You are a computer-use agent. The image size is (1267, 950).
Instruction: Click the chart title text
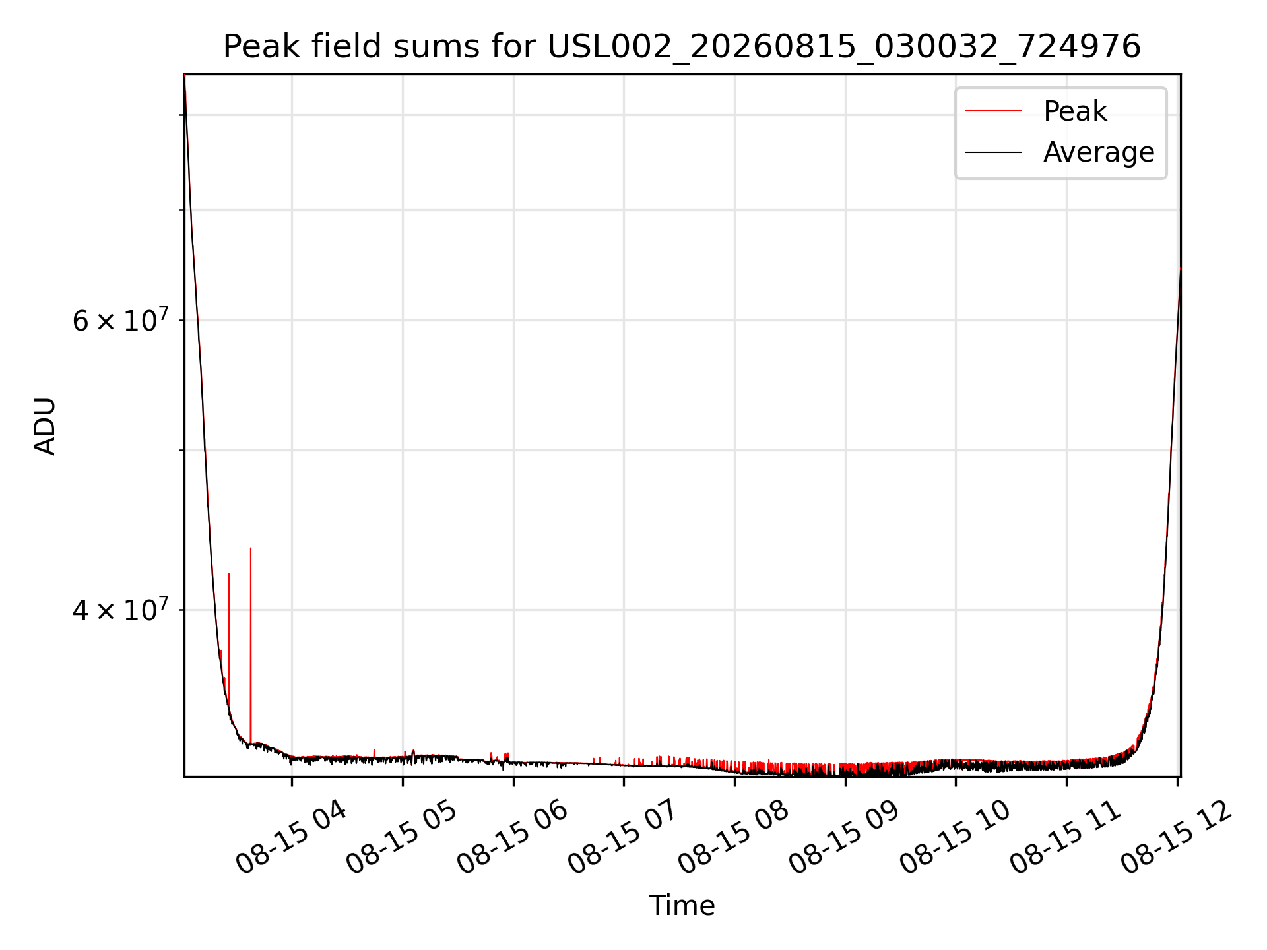[x=682, y=47]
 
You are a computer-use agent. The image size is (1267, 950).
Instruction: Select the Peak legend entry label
[x=1075, y=111]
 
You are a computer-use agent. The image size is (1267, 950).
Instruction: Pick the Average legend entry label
[x=1099, y=152]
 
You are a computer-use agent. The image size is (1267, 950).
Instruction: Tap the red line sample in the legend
[x=994, y=111]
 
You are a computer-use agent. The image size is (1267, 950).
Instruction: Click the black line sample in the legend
[x=994, y=152]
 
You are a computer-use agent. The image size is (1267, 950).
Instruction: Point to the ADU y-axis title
[x=45, y=426]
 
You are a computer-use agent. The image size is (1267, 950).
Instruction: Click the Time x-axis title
[x=682, y=906]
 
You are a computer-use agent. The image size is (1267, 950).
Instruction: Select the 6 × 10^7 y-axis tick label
[x=121, y=321]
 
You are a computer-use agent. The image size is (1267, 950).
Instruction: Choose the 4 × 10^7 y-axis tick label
[x=121, y=610]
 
